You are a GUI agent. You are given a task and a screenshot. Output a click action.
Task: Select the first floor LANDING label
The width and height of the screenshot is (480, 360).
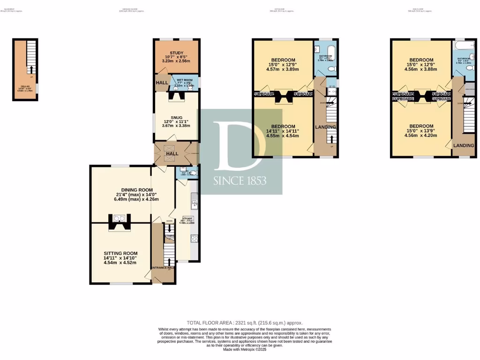[x=325, y=127]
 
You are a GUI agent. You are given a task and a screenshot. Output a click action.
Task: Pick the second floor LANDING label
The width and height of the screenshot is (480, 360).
[x=463, y=146]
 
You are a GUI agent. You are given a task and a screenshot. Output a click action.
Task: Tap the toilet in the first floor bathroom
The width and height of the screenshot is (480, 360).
[x=331, y=69]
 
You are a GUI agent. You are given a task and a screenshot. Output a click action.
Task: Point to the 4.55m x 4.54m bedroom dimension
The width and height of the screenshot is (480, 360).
[x=282, y=136]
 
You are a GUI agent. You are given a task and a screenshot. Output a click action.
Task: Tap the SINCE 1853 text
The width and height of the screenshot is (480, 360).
[x=240, y=180]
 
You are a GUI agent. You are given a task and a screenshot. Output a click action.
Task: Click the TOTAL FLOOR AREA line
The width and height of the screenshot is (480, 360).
[x=245, y=322]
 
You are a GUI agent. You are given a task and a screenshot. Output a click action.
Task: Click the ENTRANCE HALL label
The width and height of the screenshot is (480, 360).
[x=163, y=268]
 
